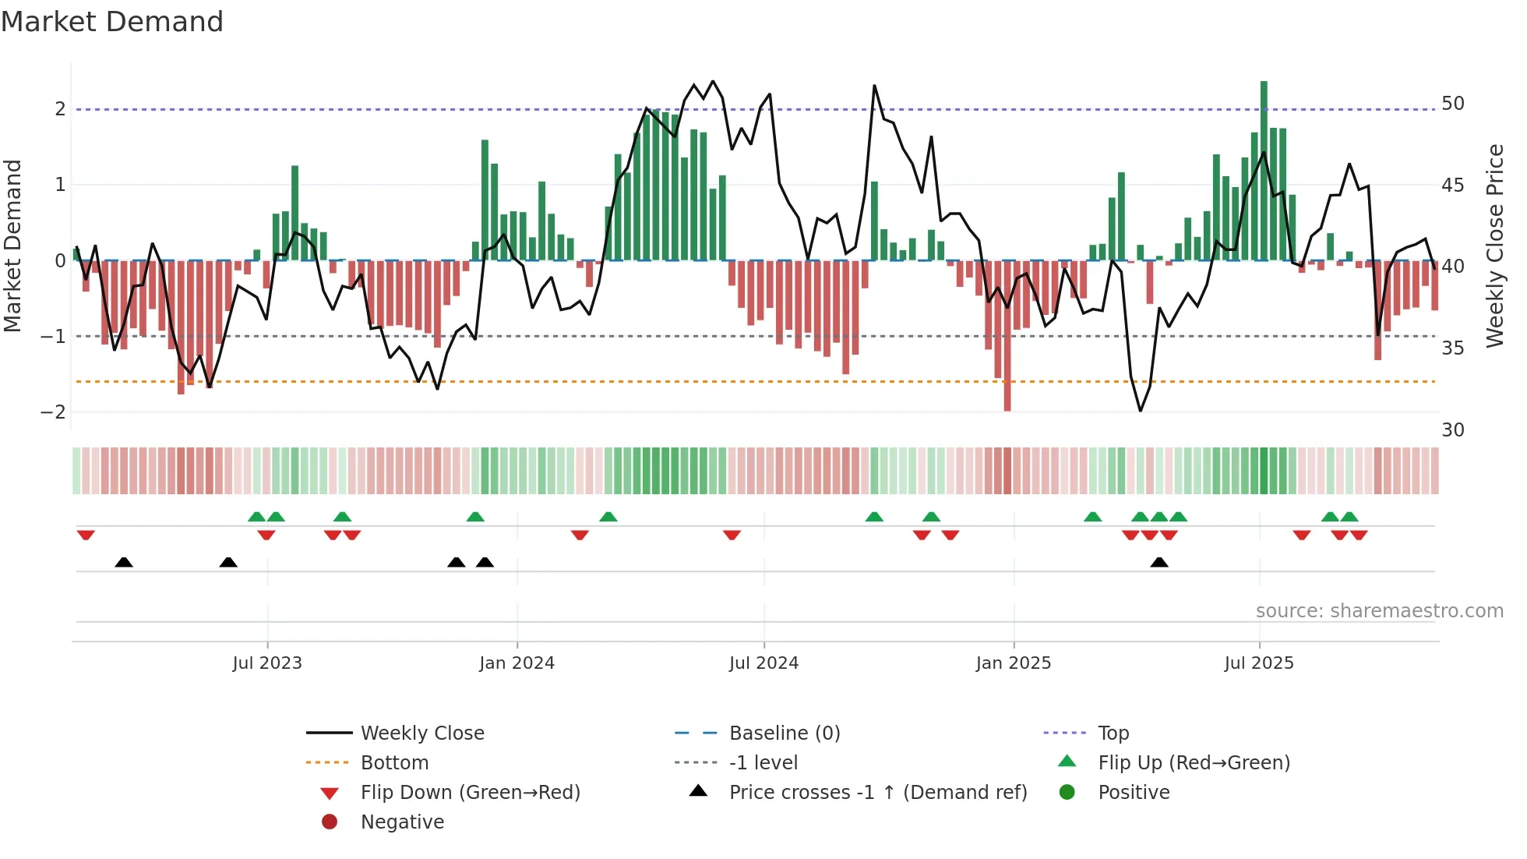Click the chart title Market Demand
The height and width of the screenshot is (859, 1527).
(x=112, y=22)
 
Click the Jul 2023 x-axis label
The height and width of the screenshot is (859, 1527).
(x=267, y=663)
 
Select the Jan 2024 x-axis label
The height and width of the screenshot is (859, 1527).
(x=517, y=663)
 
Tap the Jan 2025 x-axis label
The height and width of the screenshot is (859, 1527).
(x=1013, y=663)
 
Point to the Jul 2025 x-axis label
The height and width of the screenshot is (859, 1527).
(x=1258, y=663)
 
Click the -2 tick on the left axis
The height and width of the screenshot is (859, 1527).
(x=53, y=412)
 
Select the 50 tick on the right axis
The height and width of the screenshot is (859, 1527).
(x=1452, y=104)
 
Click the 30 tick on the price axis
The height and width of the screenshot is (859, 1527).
(x=1452, y=429)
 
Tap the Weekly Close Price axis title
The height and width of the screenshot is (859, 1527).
(x=1494, y=246)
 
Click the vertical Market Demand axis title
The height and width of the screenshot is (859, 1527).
(x=13, y=246)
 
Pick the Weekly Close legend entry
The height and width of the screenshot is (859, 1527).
(x=421, y=734)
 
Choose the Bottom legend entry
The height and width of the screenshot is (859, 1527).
(x=394, y=763)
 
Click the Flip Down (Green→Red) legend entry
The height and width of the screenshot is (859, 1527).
(x=470, y=793)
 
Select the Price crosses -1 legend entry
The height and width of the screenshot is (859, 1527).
(x=877, y=793)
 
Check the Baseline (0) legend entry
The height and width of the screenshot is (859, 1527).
(x=784, y=734)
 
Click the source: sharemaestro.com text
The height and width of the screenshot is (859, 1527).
(x=1379, y=611)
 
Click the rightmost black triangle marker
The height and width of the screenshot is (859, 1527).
(x=1159, y=563)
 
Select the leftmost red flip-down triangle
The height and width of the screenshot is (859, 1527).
(x=86, y=535)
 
